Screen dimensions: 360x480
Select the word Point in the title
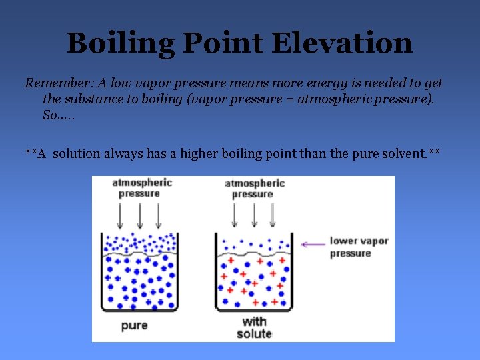coord(224,43)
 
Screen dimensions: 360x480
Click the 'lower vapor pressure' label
coord(359,247)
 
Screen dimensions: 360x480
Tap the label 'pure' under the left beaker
coord(134,325)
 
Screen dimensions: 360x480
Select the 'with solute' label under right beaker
coord(254,327)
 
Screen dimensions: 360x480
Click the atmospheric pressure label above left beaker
coord(141,187)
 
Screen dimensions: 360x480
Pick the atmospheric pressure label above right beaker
coord(254,188)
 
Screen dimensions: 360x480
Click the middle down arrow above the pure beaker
coord(139,216)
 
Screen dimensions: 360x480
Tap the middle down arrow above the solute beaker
coord(253,216)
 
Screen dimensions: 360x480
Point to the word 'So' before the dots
coord(49,115)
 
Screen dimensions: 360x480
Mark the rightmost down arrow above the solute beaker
coord(272,216)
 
